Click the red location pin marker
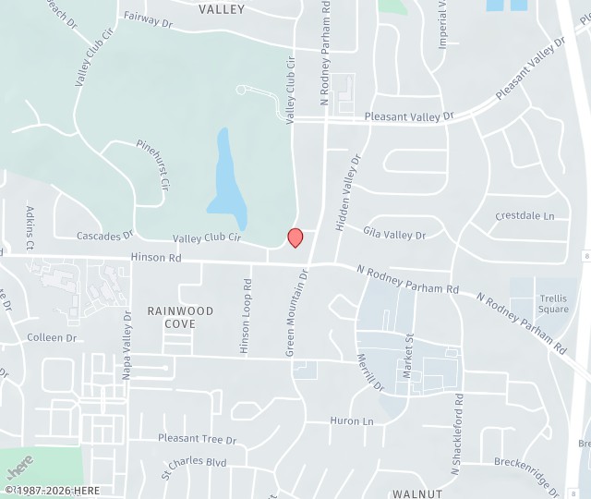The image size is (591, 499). click(x=295, y=237)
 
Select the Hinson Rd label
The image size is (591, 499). click(x=156, y=259)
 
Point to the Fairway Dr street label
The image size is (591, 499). click(x=148, y=18)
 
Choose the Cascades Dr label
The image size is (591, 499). click(x=104, y=236)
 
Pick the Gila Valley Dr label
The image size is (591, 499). click(x=394, y=235)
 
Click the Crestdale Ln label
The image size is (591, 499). click(x=525, y=216)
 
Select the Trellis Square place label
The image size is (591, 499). click(x=553, y=303)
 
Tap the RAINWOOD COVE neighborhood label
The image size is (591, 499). click(x=180, y=318)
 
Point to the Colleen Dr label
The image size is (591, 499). click(x=52, y=337)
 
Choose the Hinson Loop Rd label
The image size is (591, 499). click(x=246, y=316)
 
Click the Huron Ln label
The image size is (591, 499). click(x=352, y=420)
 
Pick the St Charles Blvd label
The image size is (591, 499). click(x=194, y=462)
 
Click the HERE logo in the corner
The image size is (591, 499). click(x=20, y=463)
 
